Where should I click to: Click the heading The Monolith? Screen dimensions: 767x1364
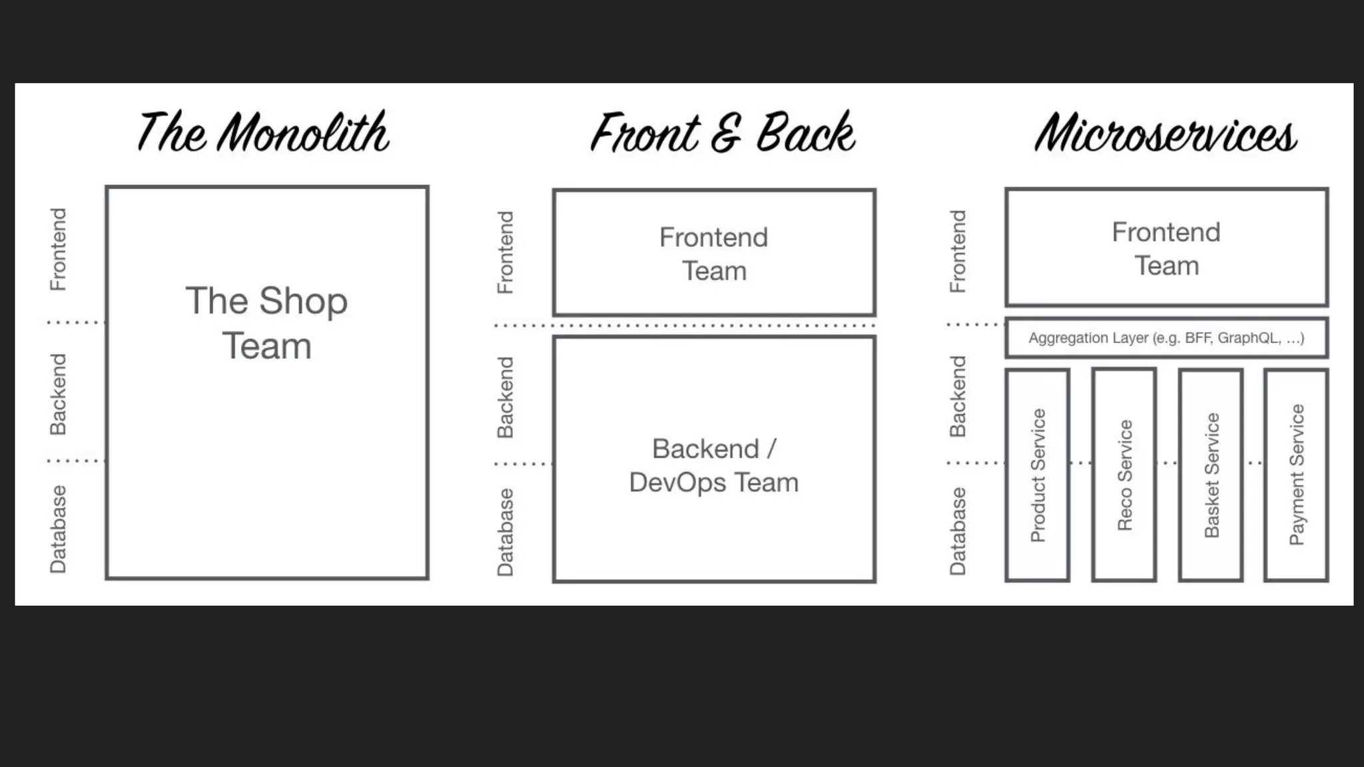(263, 133)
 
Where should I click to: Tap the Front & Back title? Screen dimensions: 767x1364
(723, 133)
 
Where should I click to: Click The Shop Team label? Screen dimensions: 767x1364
(266, 323)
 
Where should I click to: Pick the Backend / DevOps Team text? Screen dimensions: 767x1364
(713, 465)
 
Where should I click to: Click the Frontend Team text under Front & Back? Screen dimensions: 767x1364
(713, 254)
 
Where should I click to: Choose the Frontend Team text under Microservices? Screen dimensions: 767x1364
(1166, 248)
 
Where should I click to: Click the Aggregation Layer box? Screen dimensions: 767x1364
(1166, 338)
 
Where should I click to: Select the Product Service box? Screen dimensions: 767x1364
(1038, 475)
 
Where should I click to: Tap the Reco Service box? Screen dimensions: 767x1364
(1124, 475)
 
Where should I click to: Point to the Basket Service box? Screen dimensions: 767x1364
(1211, 475)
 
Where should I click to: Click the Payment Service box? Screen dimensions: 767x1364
(1296, 475)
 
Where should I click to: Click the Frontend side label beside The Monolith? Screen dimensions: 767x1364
(59, 250)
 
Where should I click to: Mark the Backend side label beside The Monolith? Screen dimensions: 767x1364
(59, 394)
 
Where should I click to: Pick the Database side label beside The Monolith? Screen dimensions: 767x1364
(59, 529)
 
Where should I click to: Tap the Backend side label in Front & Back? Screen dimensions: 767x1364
(506, 397)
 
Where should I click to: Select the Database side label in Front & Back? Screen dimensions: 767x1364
(506, 532)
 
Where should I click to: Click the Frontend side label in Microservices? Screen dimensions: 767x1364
(958, 252)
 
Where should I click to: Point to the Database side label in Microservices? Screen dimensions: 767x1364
(958, 531)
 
